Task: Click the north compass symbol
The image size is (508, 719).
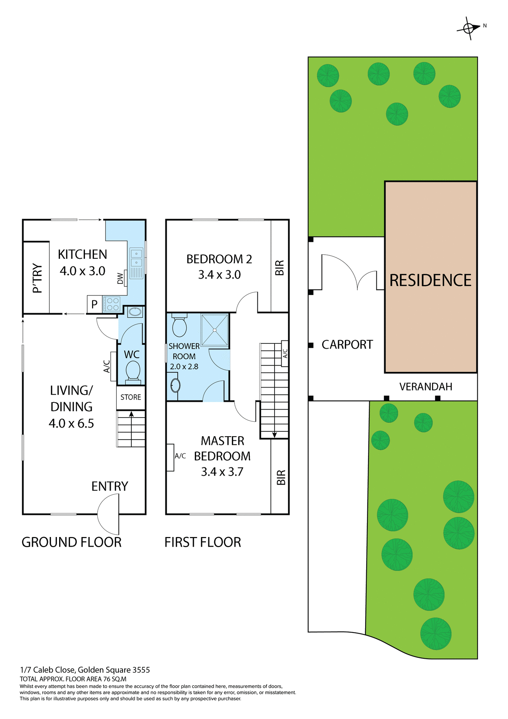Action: (469, 28)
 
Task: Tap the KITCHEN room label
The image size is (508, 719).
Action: (82, 255)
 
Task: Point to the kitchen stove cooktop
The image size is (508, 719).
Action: (112, 304)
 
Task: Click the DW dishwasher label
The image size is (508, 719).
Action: (120, 278)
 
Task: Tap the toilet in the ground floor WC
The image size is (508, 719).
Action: (133, 371)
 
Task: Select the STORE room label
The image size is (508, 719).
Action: (131, 397)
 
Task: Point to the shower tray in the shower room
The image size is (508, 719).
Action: (215, 330)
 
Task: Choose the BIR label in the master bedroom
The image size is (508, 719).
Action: (281, 477)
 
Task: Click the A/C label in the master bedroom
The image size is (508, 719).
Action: (180, 456)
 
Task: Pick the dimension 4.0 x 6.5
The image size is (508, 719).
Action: (71, 424)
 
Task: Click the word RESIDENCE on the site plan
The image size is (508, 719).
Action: (431, 280)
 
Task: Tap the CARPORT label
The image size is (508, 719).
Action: (347, 345)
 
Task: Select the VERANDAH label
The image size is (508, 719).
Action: (426, 387)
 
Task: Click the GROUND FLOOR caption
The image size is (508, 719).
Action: (71, 542)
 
